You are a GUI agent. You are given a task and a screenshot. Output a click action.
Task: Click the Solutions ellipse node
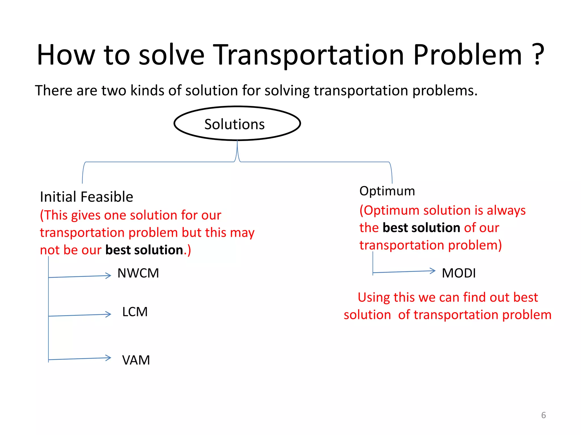tap(237, 124)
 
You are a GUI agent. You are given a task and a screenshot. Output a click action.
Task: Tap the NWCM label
tap(138, 273)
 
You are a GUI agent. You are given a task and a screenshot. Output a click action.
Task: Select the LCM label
tap(135, 312)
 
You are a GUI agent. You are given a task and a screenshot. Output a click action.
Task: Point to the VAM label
tap(136, 360)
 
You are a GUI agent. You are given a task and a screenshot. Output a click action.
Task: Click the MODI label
tap(459, 273)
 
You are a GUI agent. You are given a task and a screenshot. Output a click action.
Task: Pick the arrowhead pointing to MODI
tap(433, 271)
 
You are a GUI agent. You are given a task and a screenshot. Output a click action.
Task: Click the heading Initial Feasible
tap(86, 197)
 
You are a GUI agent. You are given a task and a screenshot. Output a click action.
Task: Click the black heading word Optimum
tap(387, 191)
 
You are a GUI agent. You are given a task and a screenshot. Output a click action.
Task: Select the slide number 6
tap(543, 415)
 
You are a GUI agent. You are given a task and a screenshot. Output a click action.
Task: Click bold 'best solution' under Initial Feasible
tap(144, 250)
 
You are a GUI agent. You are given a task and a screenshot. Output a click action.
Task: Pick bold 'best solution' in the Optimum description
tap(421, 228)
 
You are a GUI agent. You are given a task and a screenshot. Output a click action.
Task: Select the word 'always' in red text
tap(506, 211)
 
